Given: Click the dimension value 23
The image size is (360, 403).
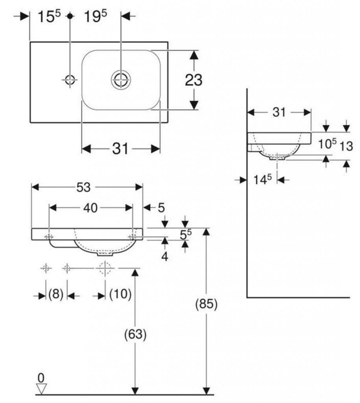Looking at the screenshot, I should click(194, 80).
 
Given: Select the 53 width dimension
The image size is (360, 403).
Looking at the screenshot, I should click(83, 188).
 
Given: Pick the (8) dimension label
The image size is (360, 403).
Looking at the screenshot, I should click(56, 295).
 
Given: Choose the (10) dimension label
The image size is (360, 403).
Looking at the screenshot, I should click(120, 295).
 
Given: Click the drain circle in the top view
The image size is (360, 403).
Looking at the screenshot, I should click(120, 79).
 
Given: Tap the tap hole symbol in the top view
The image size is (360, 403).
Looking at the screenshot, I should click(70, 79).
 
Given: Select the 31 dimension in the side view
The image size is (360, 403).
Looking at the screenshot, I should click(279, 112).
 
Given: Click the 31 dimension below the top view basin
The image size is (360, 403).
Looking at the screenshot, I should click(121, 149).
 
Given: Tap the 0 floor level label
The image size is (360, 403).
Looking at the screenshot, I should click(41, 378).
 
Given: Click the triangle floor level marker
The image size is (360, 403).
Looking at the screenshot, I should click(41, 389).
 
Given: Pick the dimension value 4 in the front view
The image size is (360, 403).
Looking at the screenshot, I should click(164, 257).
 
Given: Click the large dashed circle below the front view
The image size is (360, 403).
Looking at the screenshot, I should click(105, 268).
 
